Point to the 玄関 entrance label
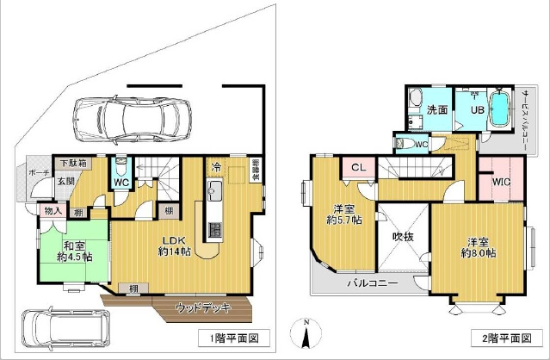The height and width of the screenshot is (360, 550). click(66, 182)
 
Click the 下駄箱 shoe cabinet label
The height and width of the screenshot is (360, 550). click(72, 163)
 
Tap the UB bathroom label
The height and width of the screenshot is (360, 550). click(475, 109)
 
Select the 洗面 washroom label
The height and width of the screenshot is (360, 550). click(437, 109)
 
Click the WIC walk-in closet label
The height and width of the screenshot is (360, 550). click(501, 182)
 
